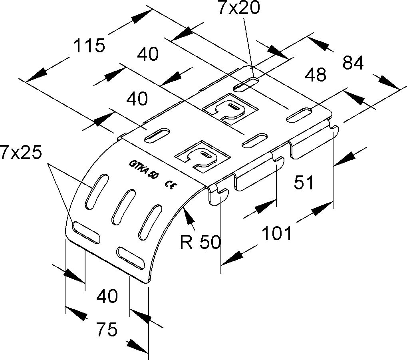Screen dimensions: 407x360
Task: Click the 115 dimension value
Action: [x=89, y=46]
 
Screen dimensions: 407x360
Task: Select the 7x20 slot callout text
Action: [x=239, y=8]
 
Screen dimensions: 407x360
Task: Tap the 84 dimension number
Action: [x=353, y=63]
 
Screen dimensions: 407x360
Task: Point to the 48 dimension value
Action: [x=316, y=74]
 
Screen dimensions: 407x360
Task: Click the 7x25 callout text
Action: [x=21, y=152]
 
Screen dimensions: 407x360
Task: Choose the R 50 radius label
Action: [x=200, y=242]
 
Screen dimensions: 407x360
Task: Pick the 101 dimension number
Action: [x=277, y=233]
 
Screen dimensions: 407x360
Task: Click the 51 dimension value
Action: [x=304, y=182]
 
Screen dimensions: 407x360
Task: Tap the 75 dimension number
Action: [x=107, y=329]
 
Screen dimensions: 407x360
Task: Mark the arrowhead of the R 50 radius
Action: [x=189, y=216]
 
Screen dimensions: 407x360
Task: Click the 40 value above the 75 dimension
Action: [x=107, y=296]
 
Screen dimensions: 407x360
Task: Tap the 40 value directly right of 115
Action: [x=147, y=54]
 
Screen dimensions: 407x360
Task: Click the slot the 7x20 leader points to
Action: [x=246, y=84]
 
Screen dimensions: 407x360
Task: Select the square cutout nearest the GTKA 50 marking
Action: [x=203, y=157]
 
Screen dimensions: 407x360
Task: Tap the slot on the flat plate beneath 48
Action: [x=299, y=115]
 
